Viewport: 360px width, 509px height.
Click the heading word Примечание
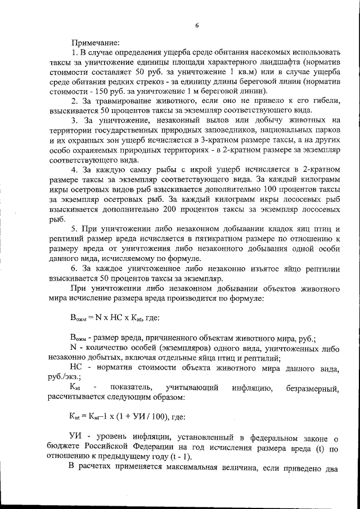click(94, 42)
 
